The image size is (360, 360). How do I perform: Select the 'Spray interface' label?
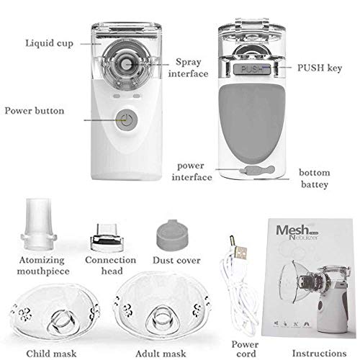coord(189,68)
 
